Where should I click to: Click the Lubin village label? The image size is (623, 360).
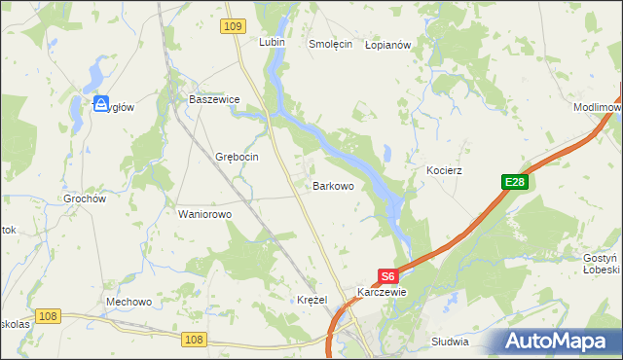click(x=271, y=43)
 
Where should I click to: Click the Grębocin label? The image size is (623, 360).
click(x=236, y=157)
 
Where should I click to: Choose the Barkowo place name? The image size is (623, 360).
click(x=332, y=184)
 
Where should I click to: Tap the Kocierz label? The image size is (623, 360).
click(x=444, y=170)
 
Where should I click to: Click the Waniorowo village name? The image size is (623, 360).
click(x=203, y=214)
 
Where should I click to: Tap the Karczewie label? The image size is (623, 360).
click(x=382, y=292)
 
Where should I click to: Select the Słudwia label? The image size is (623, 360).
click(x=449, y=342)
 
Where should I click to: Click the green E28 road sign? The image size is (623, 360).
click(x=514, y=182)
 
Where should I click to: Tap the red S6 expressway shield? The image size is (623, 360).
click(x=387, y=275)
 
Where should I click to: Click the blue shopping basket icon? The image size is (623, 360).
click(x=100, y=104)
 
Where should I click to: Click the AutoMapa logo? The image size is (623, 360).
click(x=558, y=340)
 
